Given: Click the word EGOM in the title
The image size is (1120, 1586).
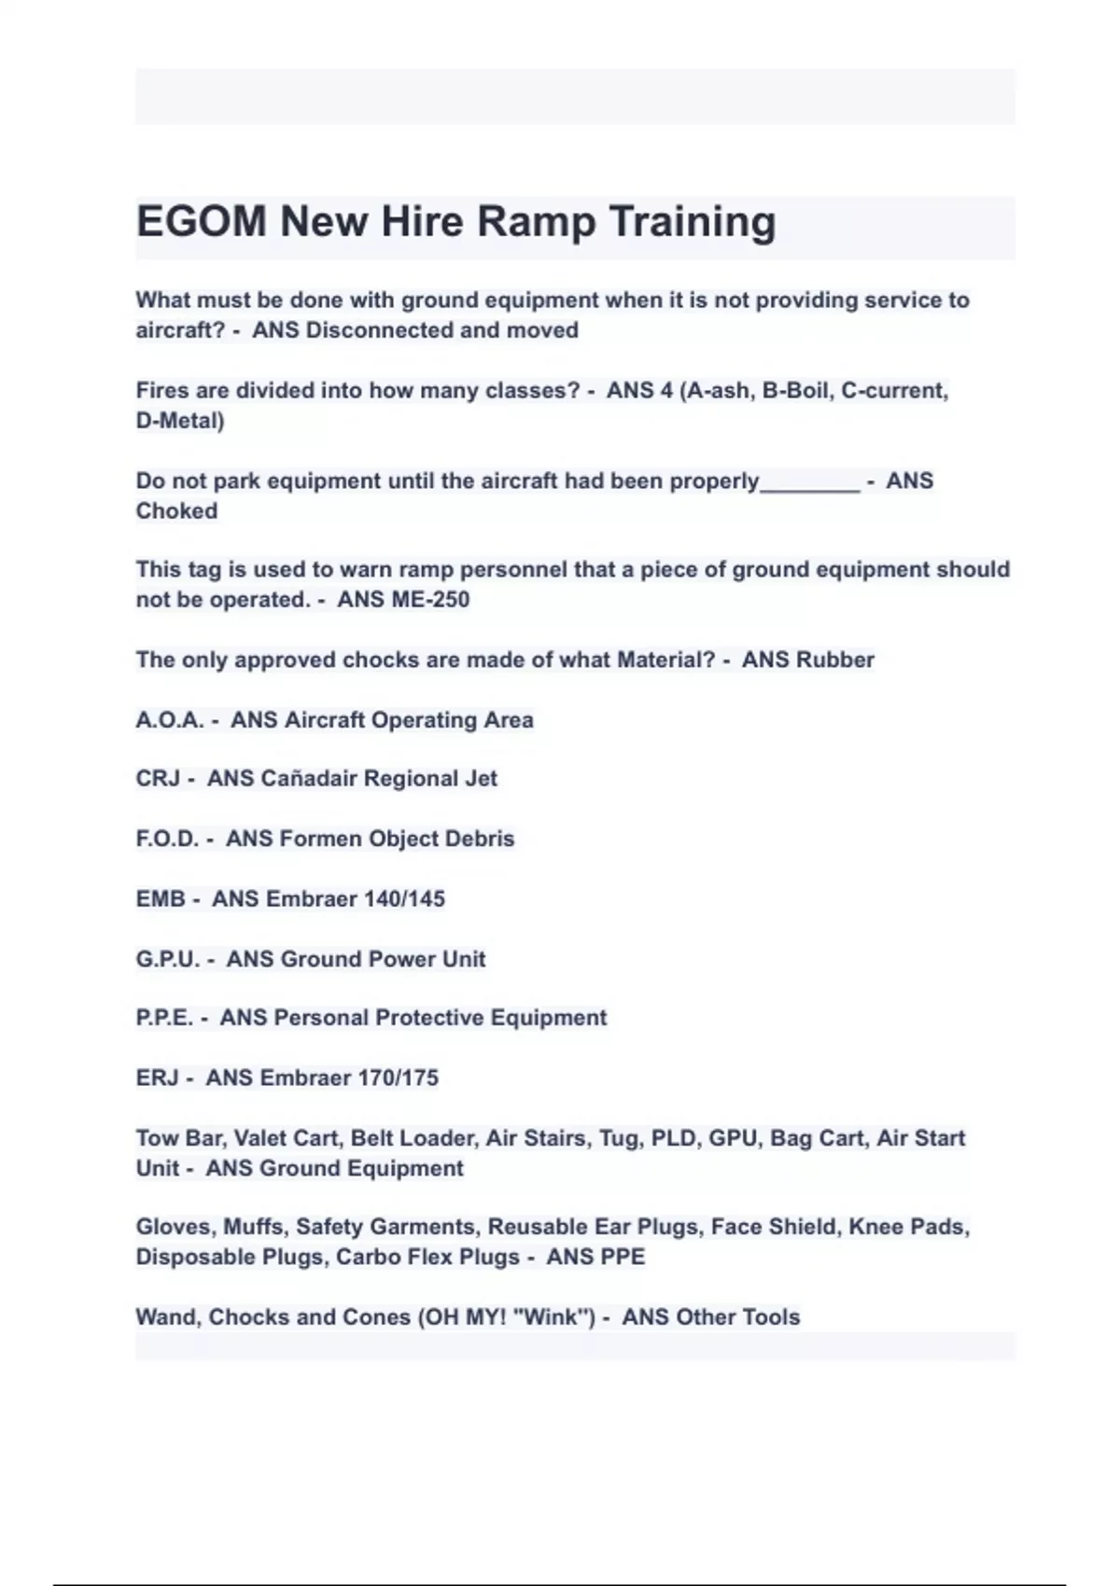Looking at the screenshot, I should click(x=202, y=222).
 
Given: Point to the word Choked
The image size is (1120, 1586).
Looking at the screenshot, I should click(x=176, y=511).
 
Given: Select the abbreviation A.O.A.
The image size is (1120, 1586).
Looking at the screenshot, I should click(x=169, y=720).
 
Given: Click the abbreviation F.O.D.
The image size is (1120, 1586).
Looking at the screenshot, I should click(x=167, y=839).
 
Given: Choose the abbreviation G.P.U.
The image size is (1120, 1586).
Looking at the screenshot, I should click(x=168, y=959).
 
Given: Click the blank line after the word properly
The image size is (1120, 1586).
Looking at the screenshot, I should click(x=809, y=483).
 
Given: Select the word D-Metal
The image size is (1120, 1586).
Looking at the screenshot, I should click(x=179, y=421).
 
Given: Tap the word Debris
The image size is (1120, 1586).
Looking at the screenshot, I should click(x=479, y=839).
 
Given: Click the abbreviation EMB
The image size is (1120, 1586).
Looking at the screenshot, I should click(x=161, y=898).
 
